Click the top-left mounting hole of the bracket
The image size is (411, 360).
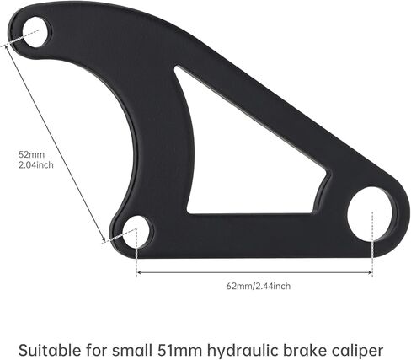click(x=37, y=32)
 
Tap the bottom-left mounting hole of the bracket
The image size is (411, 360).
click(x=137, y=232)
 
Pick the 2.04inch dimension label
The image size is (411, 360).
click(x=35, y=164)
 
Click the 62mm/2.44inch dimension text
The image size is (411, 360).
click(x=259, y=286)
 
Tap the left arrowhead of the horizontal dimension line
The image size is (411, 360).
click(x=138, y=272)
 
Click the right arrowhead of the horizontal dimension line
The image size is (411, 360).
click(x=370, y=272)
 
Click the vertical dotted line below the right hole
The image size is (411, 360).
click(x=372, y=244)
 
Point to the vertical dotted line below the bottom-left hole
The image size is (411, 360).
click(x=136, y=252)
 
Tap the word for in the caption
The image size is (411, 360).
click(x=96, y=350)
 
